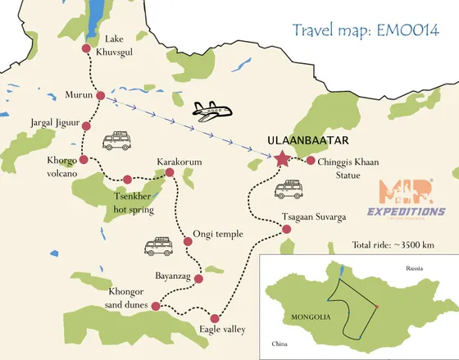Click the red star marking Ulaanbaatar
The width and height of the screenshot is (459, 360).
(283, 158)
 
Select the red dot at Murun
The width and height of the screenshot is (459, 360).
(100, 96)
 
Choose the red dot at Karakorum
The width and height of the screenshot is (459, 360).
(170, 172)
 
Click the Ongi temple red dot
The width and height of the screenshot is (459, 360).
(188, 241)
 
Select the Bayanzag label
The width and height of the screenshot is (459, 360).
(173, 276)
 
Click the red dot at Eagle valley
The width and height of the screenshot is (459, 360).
(215, 318)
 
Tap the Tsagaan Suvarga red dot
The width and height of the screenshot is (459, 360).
(286, 229)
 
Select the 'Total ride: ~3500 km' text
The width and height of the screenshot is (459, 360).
(393, 245)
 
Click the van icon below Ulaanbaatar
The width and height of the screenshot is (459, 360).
(287, 191)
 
